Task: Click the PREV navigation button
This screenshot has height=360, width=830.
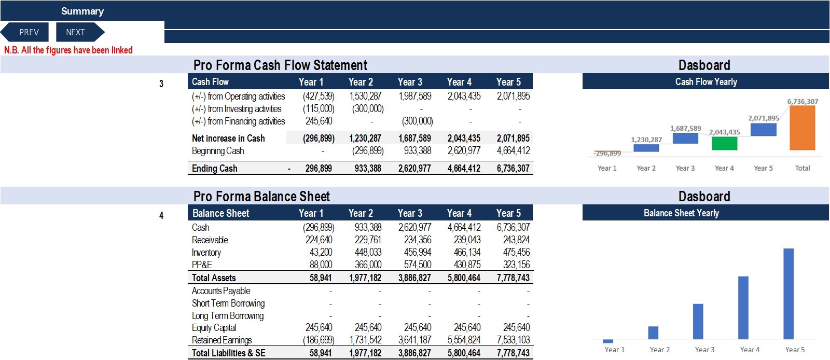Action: point(25,32)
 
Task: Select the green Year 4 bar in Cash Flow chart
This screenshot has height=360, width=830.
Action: point(724,143)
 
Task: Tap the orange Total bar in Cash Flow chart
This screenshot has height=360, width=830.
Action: point(802,128)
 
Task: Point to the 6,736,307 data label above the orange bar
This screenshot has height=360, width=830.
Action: point(803,101)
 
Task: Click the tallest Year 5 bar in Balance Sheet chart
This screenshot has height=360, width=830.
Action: point(789,294)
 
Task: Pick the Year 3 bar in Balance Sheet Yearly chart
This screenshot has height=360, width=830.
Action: point(698,322)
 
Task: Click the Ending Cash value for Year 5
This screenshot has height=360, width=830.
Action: point(513,169)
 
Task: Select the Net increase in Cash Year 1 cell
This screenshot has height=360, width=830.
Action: point(319,139)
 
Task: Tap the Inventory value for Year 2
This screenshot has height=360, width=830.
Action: point(368,252)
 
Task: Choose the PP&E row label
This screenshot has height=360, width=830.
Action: point(202,265)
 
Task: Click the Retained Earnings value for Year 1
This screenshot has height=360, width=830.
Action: point(319,340)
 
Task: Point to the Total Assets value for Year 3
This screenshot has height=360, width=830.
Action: point(414,278)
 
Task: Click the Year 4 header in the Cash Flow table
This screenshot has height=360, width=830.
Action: point(459,82)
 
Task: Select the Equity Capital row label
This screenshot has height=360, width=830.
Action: point(214,328)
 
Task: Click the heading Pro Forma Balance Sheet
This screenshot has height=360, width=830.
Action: point(261,196)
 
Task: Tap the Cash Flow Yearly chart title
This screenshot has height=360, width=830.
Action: point(706,82)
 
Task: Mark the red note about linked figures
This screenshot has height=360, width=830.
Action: point(68,50)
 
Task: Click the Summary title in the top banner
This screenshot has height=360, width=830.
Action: point(82,11)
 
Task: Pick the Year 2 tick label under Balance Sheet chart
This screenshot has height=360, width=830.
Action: point(659,350)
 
